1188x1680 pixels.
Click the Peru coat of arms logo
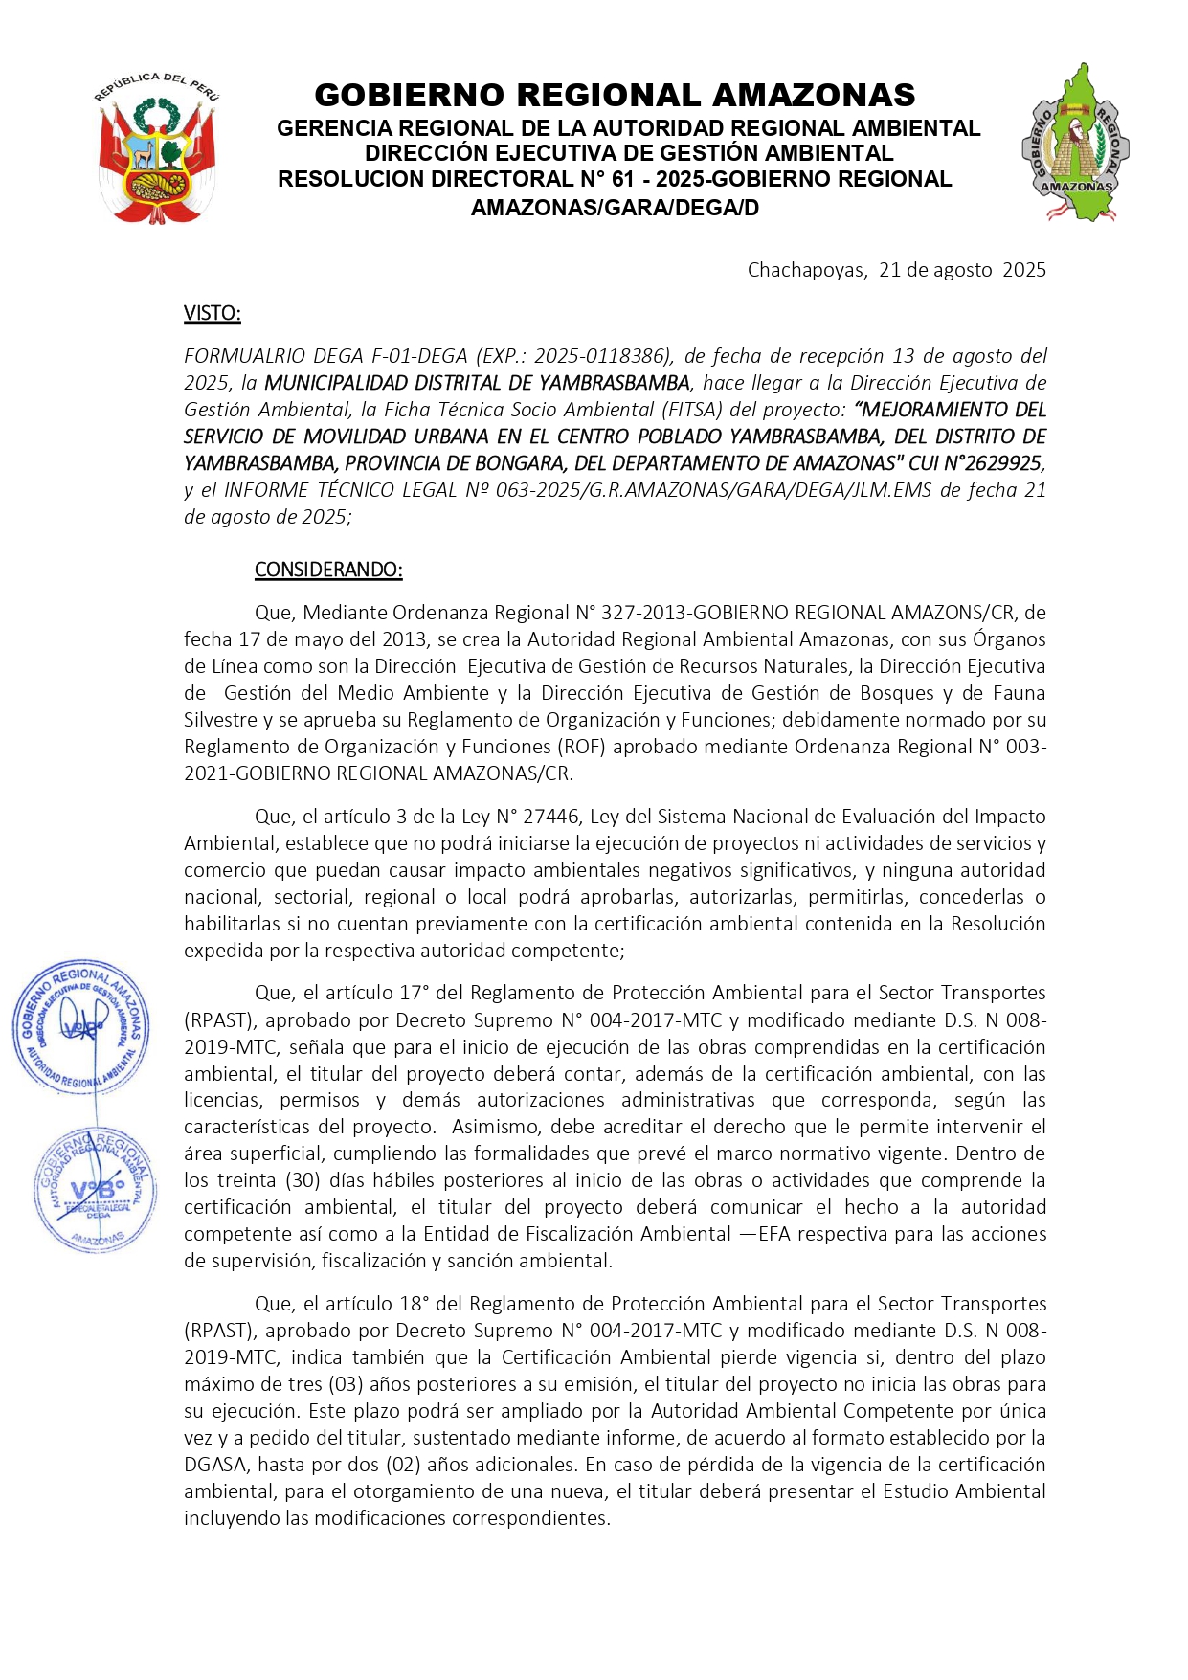[157, 148]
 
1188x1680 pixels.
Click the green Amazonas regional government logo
[1075, 144]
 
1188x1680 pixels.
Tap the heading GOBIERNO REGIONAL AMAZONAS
[615, 95]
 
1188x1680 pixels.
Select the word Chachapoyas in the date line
[805, 270]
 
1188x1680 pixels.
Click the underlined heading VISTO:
[213, 313]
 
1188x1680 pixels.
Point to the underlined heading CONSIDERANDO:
[328, 570]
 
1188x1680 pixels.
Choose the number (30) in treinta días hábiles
[305, 1180]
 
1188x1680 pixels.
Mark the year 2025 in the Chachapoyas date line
[1024, 270]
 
